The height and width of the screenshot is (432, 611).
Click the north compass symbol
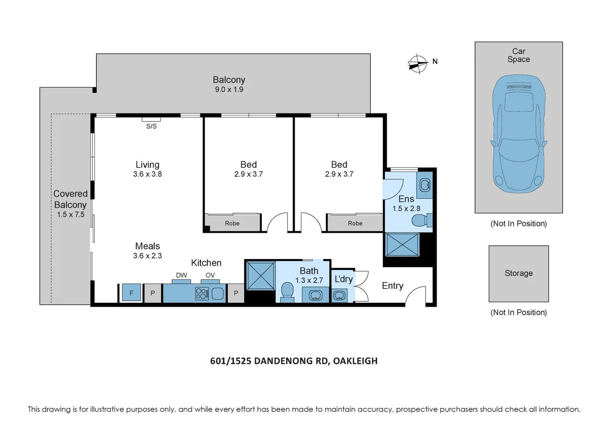pyautogui.click(x=417, y=63)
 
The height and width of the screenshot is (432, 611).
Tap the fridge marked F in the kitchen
pyautogui.click(x=132, y=293)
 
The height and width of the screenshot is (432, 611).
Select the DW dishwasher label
pyautogui.click(x=182, y=275)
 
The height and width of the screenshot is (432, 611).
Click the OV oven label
pyautogui.click(x=210, y=275)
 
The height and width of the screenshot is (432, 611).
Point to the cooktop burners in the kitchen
pyautogui.click(x=202, y=294)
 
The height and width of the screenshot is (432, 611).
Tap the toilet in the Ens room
pyautogui.click(x=421, y=220)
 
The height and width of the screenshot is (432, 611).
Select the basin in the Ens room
pyautogui.click(x=425, y=185)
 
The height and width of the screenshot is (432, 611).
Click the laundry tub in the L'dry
pyautogui.click(x=339, y=296)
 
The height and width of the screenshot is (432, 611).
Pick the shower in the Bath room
pyautogui.click(x=261, y=276)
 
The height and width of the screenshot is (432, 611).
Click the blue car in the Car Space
pyautogui.click(x=519, y=134)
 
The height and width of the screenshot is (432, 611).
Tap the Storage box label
pyautogui.click(x=519, y=273)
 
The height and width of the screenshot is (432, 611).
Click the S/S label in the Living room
pyautogui.click(x=151, y=126)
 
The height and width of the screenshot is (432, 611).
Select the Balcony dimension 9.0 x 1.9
pyautogui.click(x=229, y=90)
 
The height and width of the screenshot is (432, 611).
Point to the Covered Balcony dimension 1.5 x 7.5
pyautogui.click(x=71, y=214)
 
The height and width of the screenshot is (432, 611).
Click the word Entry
pyautogui.click(x=392, y=286)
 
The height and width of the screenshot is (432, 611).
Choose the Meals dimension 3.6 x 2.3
pyautogui.click(x=148, y=256)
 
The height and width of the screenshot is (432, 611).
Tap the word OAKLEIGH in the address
pyautogui.click(x=355, y=361)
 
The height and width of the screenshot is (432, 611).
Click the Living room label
pyautogui.click(x=148, y=165)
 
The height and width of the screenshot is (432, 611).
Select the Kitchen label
pyautogui.click(x=206, y=263)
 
